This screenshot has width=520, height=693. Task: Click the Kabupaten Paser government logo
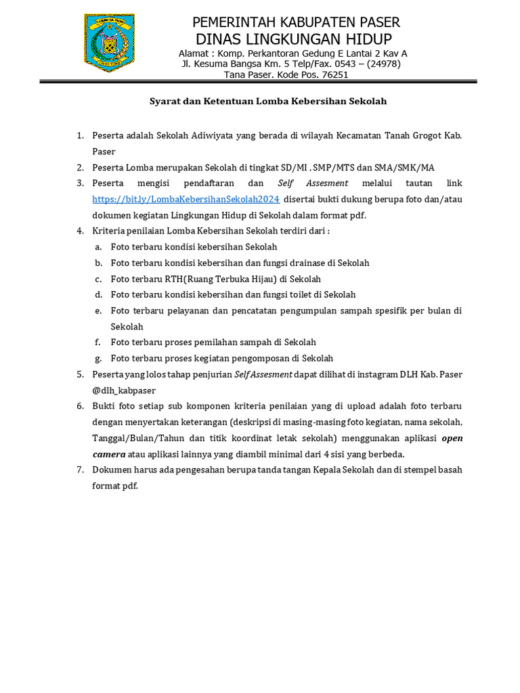point(109,41)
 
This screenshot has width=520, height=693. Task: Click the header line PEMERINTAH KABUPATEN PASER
point(296,23)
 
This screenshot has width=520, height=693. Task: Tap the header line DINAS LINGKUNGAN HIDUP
point(294,39)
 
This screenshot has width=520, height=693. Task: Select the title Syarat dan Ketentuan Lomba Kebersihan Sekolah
point(267,102)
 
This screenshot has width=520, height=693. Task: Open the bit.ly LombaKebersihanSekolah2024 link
point(186,199)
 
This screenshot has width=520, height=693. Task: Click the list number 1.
point(79,135)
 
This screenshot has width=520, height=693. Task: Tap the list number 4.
point(79,231)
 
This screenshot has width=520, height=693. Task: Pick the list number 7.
point(79,470)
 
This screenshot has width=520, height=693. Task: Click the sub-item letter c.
point(98,279)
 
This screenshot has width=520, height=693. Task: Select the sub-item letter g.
point(98,359)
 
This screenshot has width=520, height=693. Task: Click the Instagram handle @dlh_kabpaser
point(124,390)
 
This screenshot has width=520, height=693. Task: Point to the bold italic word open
point(452,438)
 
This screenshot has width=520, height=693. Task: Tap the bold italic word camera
point(109,454)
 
